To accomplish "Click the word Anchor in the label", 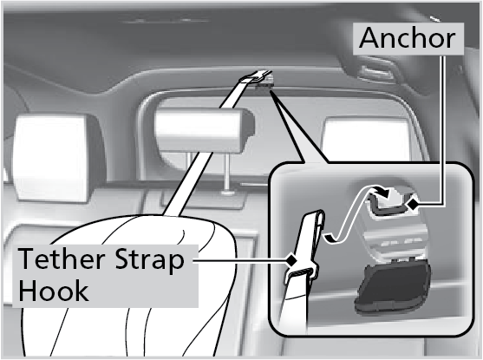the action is [x=408, y=37].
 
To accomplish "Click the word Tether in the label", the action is [x=62, y=259].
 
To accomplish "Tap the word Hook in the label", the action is [x=54, y=290].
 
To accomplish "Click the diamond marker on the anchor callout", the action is [x=413, y=204].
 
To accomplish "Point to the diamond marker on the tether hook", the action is [x=290, y=260].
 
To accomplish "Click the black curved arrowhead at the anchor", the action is [x=382, y=192].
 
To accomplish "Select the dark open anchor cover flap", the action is [x=394, y=286].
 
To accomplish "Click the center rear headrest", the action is [x=203, y=129].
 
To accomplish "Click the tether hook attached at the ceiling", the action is [x=258, y=77].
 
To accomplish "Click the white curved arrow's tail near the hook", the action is [x=330, y=238].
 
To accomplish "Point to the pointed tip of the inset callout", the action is [x=271, y=90].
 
